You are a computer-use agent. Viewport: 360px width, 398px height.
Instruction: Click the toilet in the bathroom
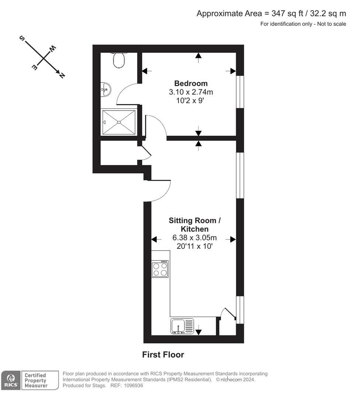pyautogui.click(x=119, y=60)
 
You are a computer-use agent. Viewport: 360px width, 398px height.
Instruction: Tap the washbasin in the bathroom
pyautogui.click(x=106, y=90)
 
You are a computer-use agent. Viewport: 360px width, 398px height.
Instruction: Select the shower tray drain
pyautogui.click(x=119, y=122)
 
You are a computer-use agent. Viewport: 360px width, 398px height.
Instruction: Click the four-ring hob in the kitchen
pyautogui.click(x=160, y=269)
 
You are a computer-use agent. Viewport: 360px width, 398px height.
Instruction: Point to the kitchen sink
pyautogui.click(x=182, y=326)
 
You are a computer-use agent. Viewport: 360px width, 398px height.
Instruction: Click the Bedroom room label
pyautogui.click(x=191, y=83)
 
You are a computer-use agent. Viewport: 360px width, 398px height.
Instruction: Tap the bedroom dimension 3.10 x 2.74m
pyautogui.click(x=191, y=92)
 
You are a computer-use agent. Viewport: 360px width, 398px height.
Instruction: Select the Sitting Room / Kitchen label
pyautogui.click(x=195, y=225)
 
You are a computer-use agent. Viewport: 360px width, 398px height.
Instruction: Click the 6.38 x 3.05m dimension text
pyautogui.click(x=195, y=238)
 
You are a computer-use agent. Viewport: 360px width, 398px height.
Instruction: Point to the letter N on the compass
pyautogui.click(x=62, y=75)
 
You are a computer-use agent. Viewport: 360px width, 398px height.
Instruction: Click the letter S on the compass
pyautogui.click(x=22, y=38)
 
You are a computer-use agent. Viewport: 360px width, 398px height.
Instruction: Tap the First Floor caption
pyautogui.click(x=163, y=355)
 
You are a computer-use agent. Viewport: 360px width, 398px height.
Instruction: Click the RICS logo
pyautogui.click(x=11, y=380)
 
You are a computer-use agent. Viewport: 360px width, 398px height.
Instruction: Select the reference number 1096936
pyautogui.click(x=134, y=385)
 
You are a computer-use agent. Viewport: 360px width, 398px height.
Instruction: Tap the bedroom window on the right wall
pyautogui.click(x=240, y=92)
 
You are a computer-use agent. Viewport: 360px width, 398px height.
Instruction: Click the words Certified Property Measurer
pyautogui.click(x=36, y=380)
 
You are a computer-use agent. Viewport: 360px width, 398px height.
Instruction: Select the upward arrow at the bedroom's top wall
pyautogui.click(x=198, y=57)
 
